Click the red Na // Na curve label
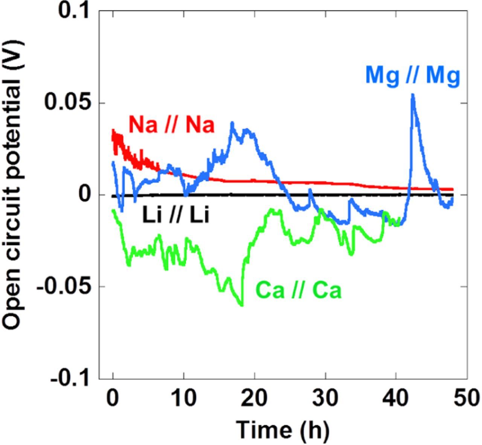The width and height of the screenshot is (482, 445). [171, 125]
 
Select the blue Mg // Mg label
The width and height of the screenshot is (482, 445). [413, 75]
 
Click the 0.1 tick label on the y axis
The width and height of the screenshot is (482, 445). [74, 11]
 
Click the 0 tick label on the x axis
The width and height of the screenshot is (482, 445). [113, 398]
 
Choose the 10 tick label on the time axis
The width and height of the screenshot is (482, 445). [183, 398]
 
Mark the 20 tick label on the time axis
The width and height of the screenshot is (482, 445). [255, 398]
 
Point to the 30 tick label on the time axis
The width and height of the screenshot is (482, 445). [325, 398]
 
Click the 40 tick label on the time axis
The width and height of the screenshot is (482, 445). [396, 398]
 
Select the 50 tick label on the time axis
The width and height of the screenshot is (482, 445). [467, 398]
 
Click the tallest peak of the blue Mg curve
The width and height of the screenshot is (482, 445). [413, 95]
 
